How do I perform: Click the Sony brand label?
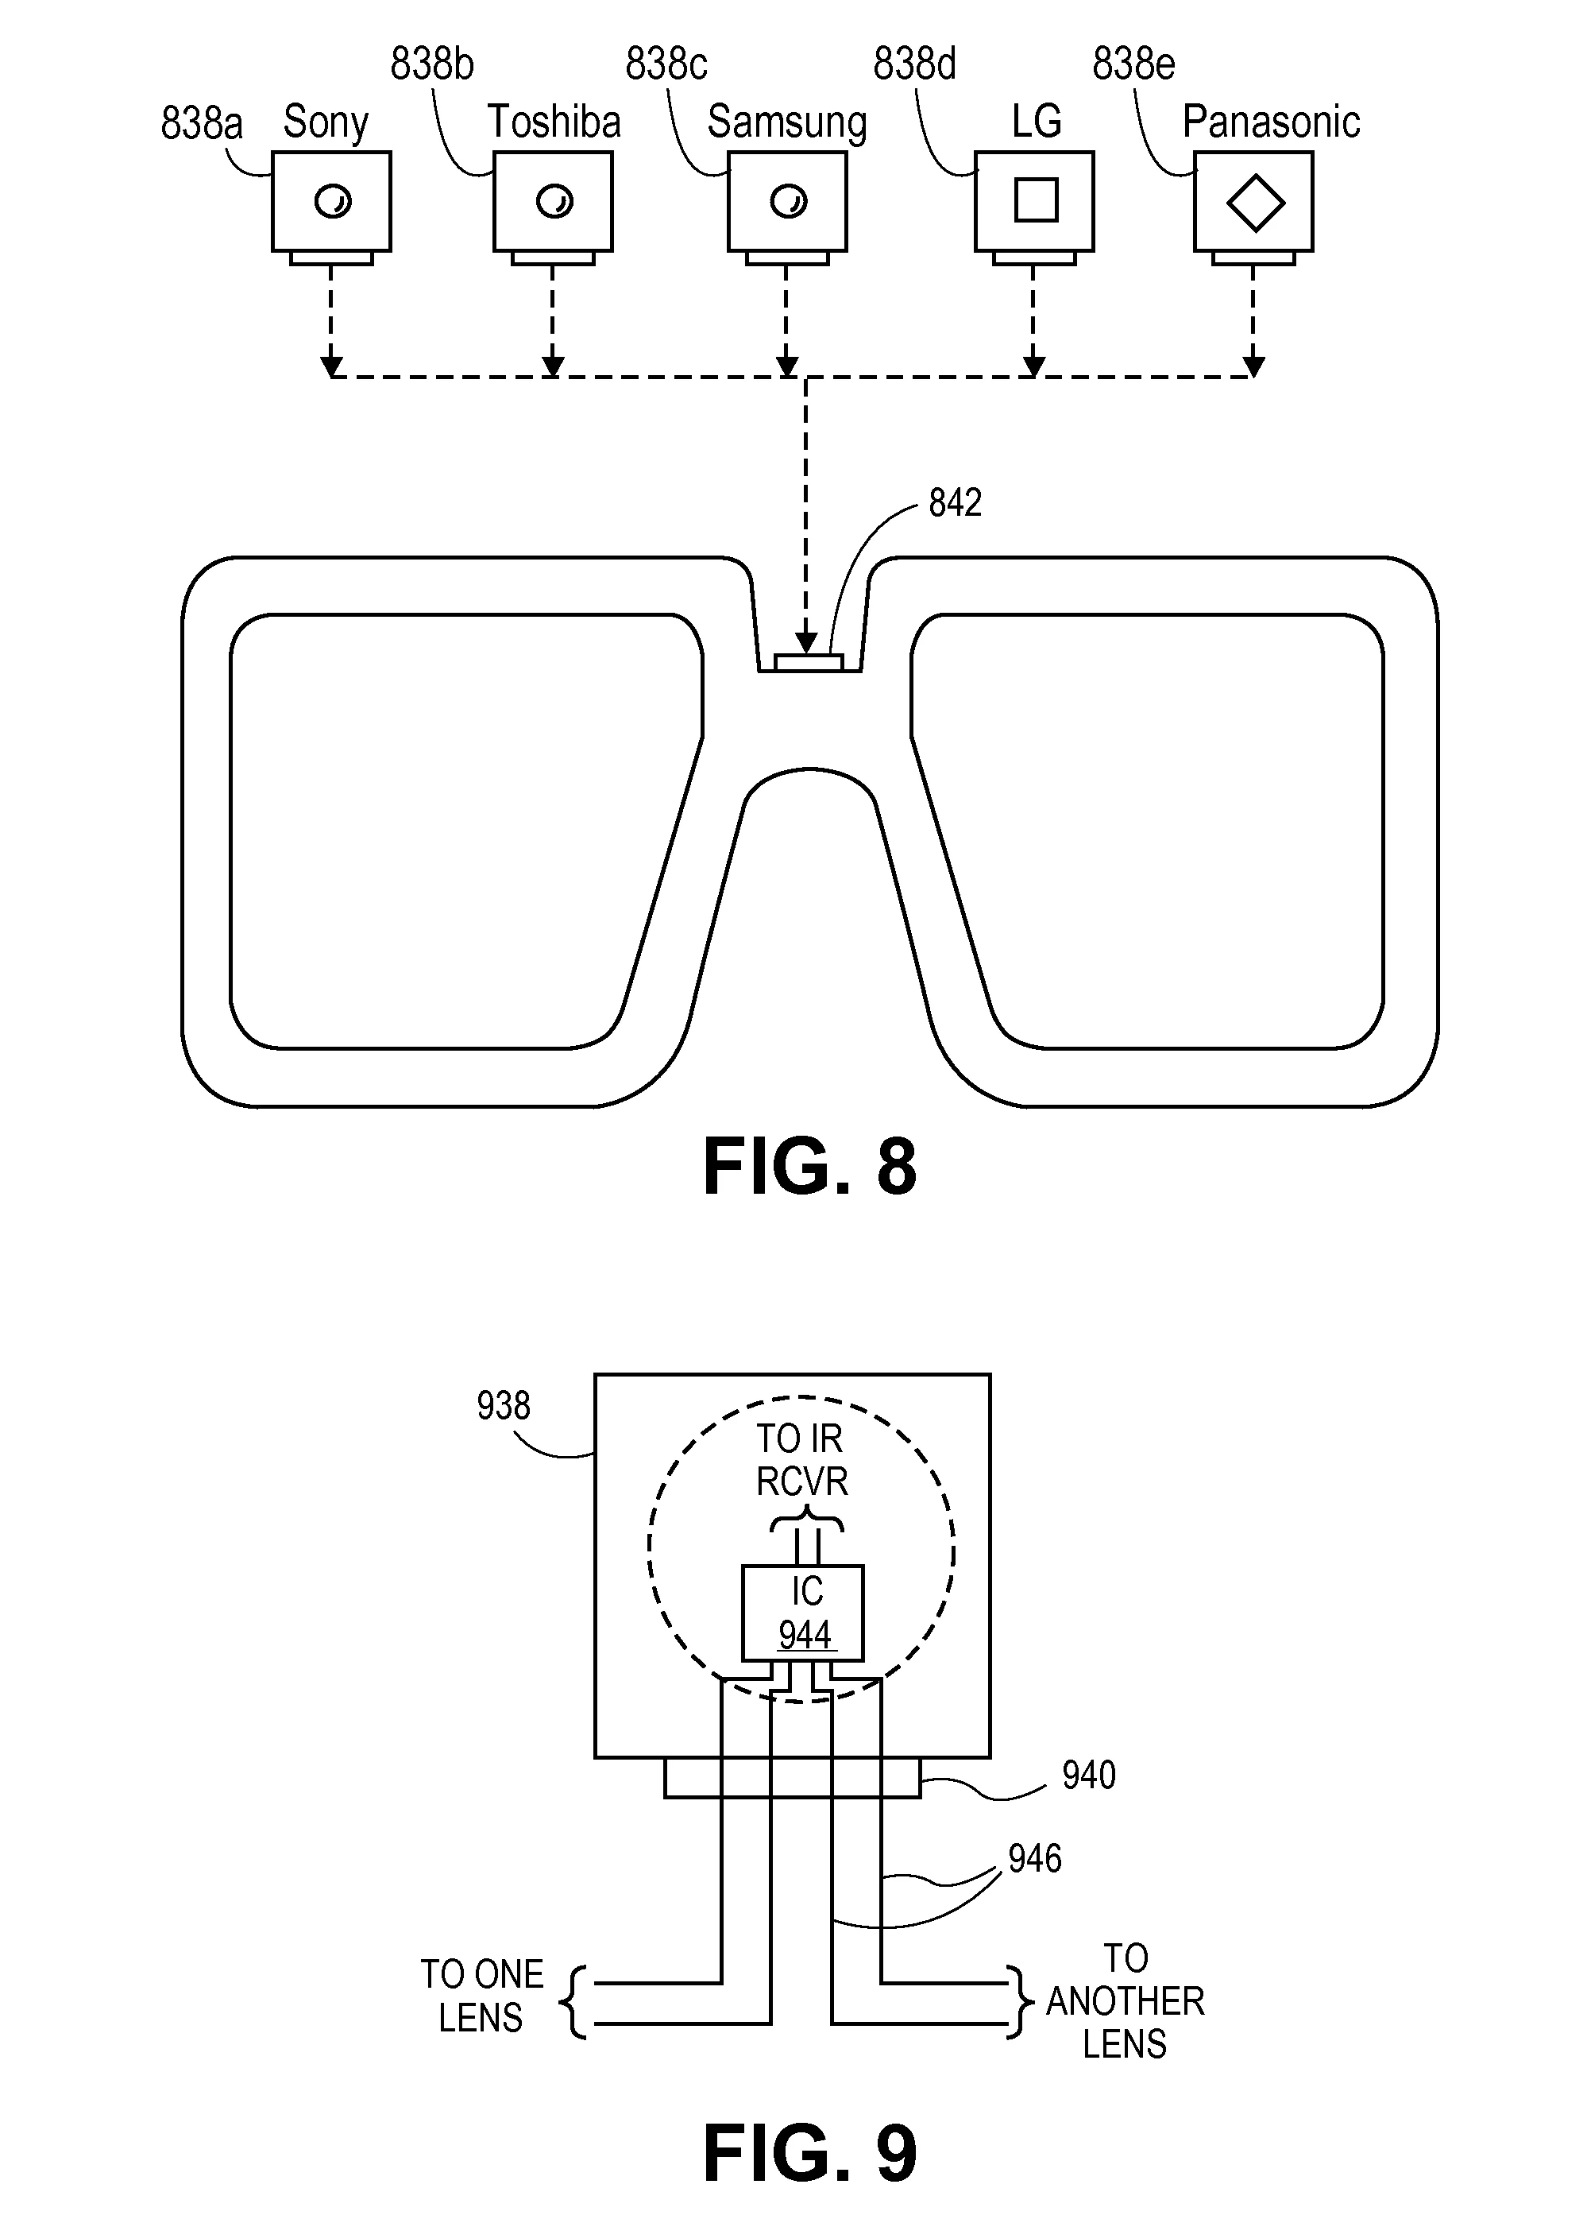click(326, 123)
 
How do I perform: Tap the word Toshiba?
click(554, 122)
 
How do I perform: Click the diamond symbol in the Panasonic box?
click(1255, 203)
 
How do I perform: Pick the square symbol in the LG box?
click(1036, 200)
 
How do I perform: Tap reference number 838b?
click(432, 64)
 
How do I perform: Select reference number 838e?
click(1133, 64)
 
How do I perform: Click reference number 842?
click(955, 503)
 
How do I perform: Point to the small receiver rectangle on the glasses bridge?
click(808, 663)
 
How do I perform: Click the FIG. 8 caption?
click(809, 1166)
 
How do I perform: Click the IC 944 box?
click(803, 1613)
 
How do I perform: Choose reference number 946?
click(1035, 1858)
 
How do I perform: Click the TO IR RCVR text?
click(801, 1461)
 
